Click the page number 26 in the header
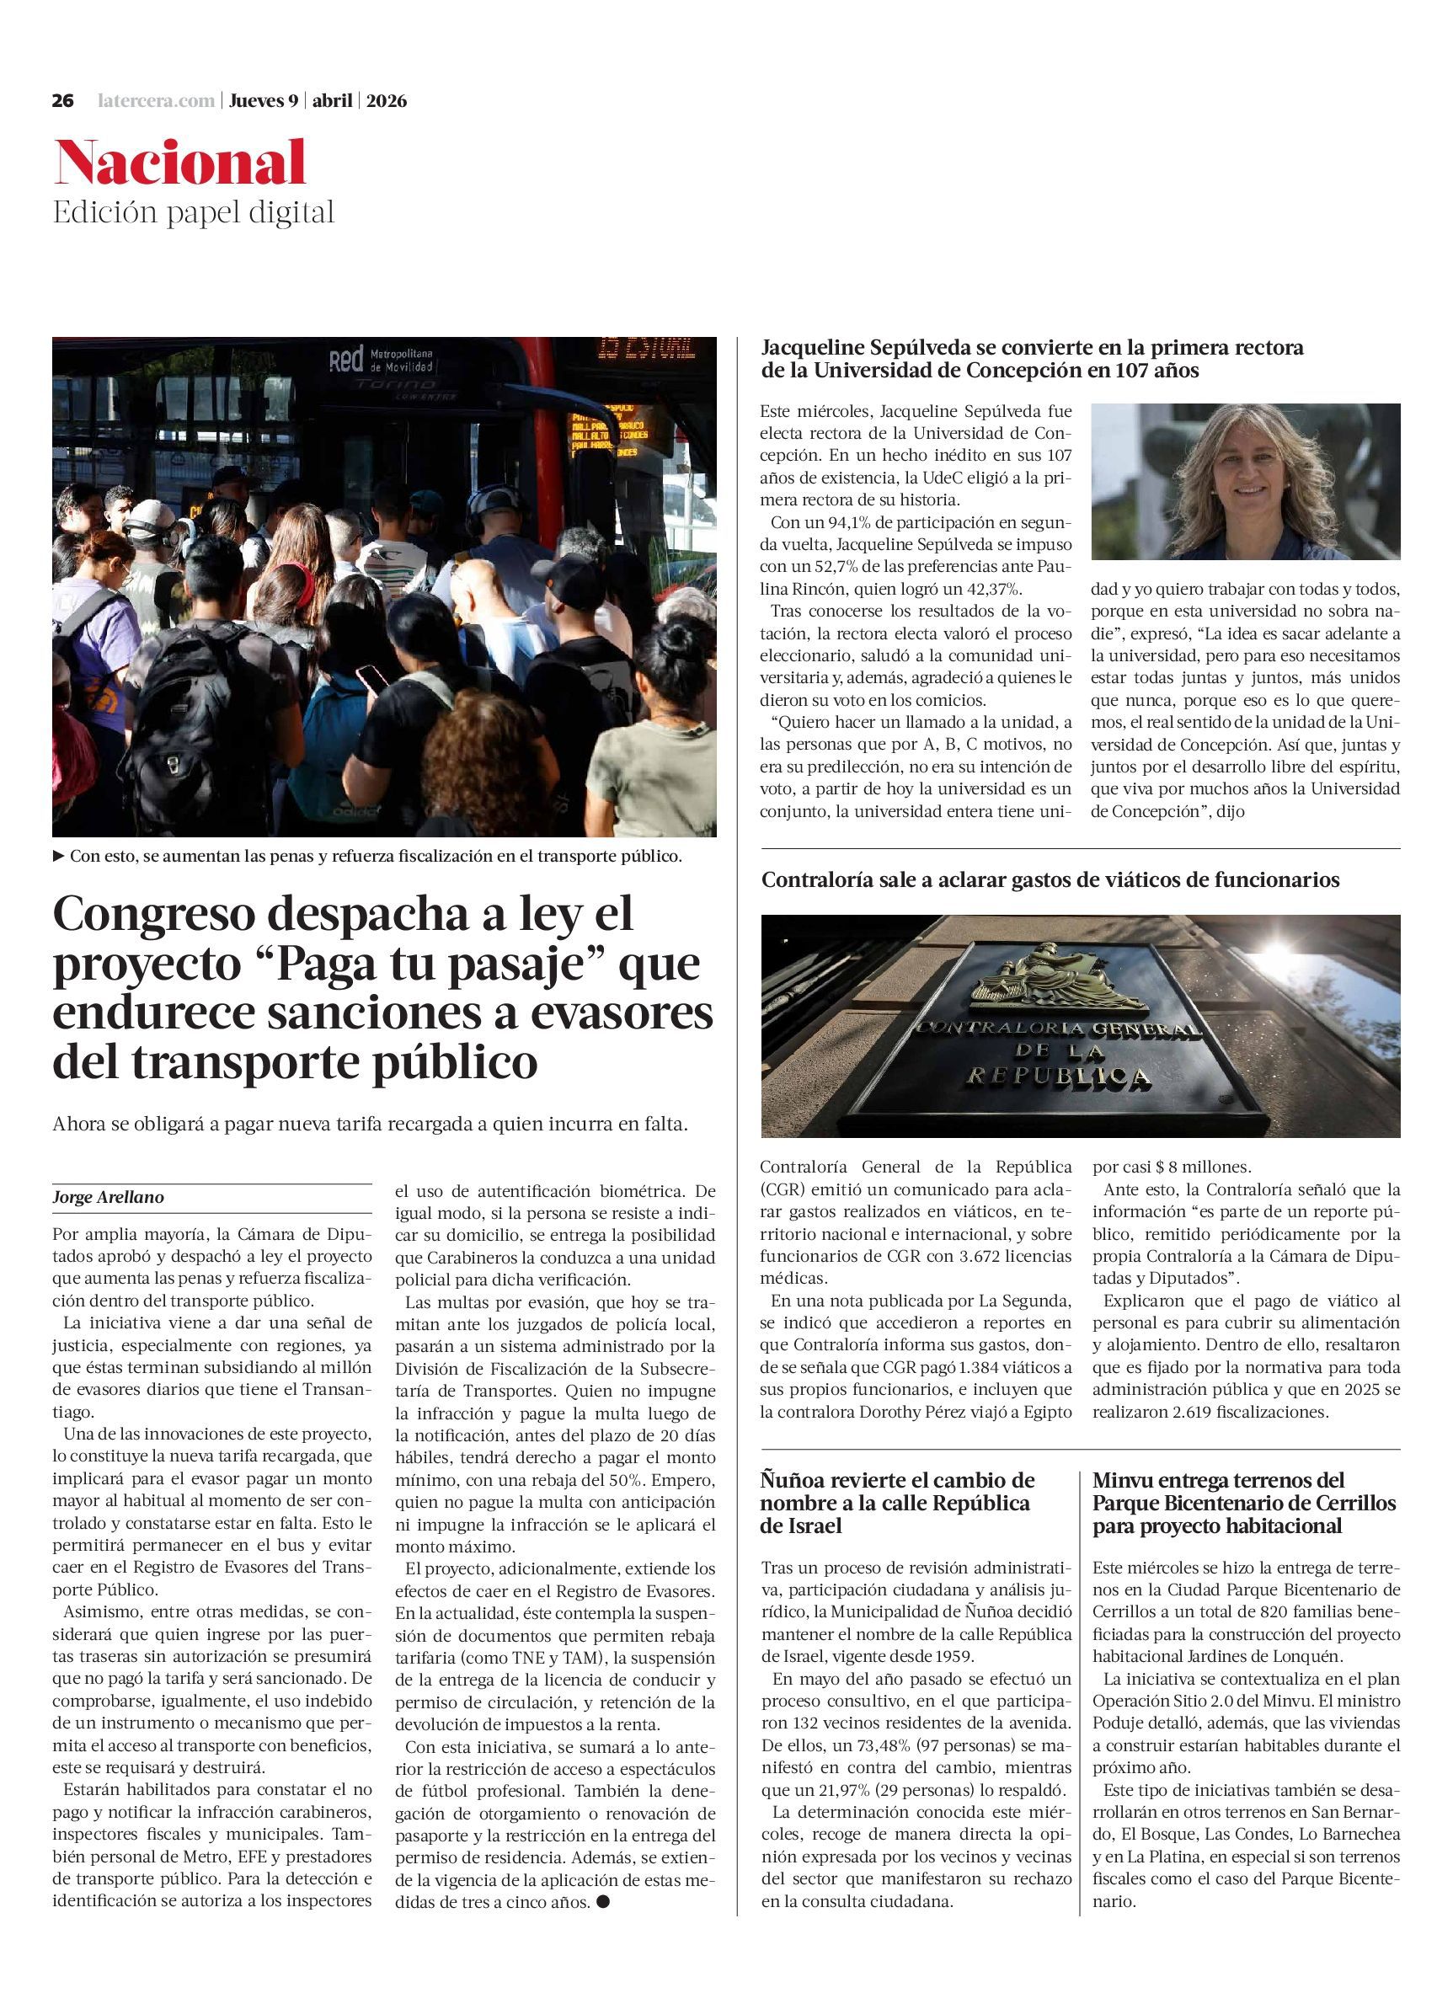(62, 101)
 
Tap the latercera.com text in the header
(156, 101)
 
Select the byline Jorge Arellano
(108, 1198)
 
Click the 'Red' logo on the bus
(346, 361)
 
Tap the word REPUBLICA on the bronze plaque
(1058, 1077)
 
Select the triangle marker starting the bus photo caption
(59, 857)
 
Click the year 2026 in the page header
(387, 101)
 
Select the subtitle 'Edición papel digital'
(193, 212)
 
